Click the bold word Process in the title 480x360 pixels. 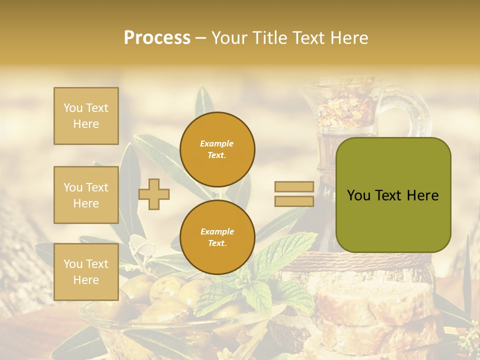[x=157, y=38]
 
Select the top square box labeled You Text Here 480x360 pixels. [x=86, y=116]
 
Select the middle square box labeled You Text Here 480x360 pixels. [x=86, y=195]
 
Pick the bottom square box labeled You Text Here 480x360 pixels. [x=86, y=271]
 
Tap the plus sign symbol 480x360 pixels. [x=154, y=194]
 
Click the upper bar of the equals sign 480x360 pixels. [x=294, y=187]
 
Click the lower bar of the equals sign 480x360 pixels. [x=294, y=201]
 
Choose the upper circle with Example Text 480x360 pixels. [x=217, y=149]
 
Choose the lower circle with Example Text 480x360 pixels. [x=217, y=237]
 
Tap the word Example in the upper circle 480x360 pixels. [x=217, y=144]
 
